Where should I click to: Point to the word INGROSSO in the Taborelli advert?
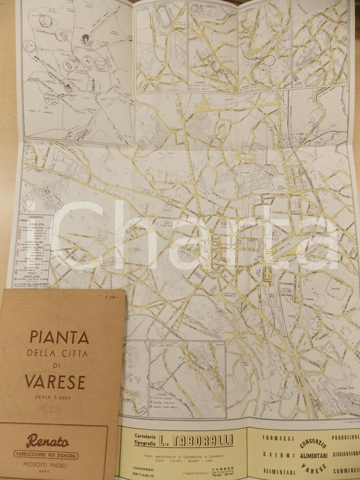coord(143,469)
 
